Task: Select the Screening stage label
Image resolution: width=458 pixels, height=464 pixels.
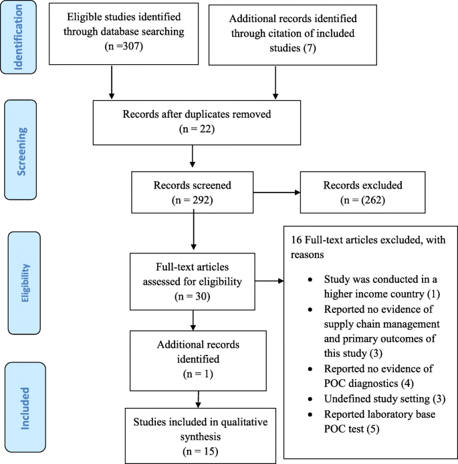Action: pyautogui.click(x=23, y=148)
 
